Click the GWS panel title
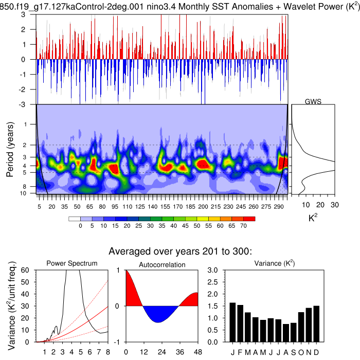coord(313,101)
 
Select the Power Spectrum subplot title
coord(72,264)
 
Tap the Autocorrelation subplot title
coord(163,265)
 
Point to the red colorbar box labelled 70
coord(251,219)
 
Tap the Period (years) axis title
coord(10,149)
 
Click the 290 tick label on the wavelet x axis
coord(278,206)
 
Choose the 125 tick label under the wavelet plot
coord(140,206)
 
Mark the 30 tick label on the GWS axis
coord(334,204)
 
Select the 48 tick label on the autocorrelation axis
coord(197,352)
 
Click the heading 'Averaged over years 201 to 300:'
coord(180,251)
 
